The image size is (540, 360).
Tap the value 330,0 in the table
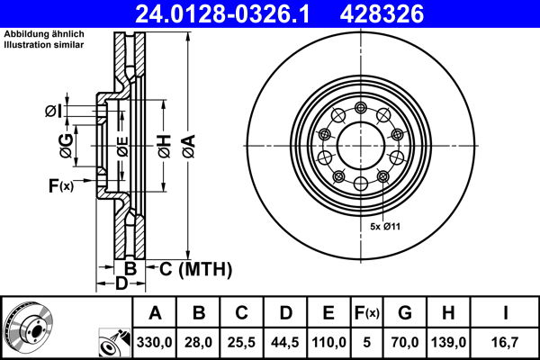coord(155,342)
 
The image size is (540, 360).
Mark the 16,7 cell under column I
coord(508,342)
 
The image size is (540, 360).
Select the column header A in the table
coord(155,313)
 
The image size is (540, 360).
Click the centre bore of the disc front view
coord(359,145)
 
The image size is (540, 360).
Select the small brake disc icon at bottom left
coord(28,326)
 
